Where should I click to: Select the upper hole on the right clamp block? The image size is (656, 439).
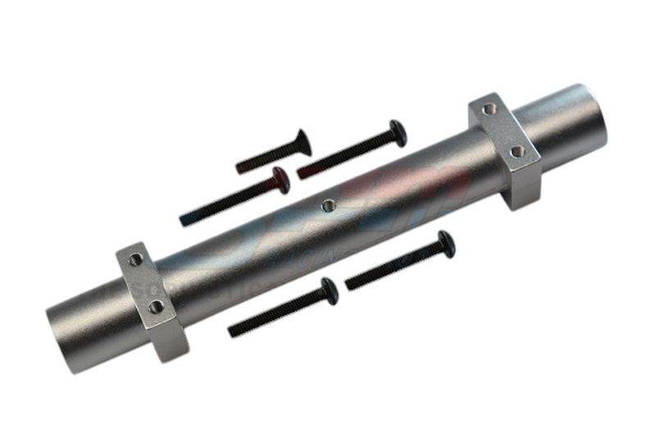[x=489, y=108]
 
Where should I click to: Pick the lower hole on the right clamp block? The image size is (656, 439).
[x=516, y=152]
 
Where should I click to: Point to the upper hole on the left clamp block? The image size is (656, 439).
[x=135, y=259]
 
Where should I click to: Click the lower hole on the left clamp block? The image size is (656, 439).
[x=156, y=307]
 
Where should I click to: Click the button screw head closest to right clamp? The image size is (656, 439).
[x=398, y=131]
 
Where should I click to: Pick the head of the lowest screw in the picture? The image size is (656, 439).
[x=329, y=290]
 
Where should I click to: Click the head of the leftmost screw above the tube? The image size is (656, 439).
[x=280, y=180]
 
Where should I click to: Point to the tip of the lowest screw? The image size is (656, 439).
[x=233, y=332]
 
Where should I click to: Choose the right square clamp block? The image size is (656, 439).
[x=505, y=148]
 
